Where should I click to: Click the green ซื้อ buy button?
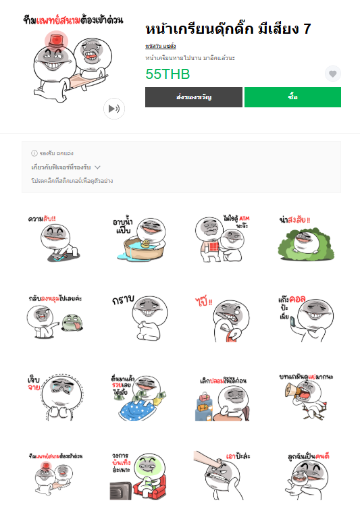(292, 97)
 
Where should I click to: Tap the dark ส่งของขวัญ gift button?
(194, 97)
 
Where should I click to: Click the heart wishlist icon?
(332, 74)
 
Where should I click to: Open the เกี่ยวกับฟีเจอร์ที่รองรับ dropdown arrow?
(97, 167)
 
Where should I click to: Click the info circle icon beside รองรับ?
(34, 153)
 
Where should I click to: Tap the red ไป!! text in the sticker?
(203, 300)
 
